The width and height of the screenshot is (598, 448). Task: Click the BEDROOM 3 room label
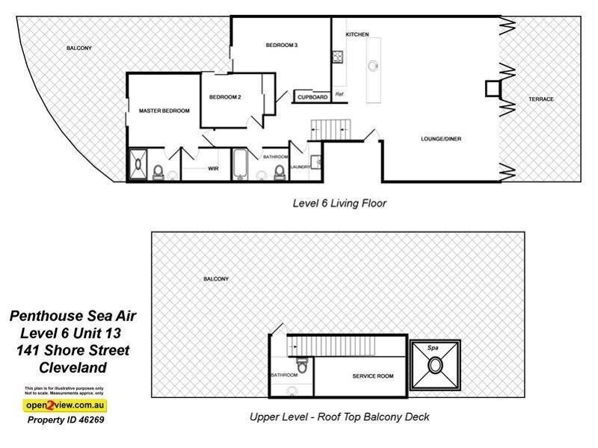(x=282, y=46)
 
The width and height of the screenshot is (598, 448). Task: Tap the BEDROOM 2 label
(x=224, y=97)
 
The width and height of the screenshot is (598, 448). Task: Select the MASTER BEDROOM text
(x=164, y=111)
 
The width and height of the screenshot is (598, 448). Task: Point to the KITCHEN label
(x=357, y=35)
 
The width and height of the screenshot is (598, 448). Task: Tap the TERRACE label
(x=540, y=99)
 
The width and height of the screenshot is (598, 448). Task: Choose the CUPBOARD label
(x=312, y=97)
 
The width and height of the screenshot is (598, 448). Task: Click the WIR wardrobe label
(x=212, y=169)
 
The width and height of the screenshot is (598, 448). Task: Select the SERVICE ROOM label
(x=372, y=376)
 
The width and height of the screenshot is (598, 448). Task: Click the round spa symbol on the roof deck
(x=434, y=367)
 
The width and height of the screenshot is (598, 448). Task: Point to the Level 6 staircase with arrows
(x=328, y=128)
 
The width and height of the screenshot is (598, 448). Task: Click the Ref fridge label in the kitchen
(x=339, y=94)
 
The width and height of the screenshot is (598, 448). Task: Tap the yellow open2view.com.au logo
(x=64, y=405)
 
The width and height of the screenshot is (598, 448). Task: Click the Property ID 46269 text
(x=66, y=420)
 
